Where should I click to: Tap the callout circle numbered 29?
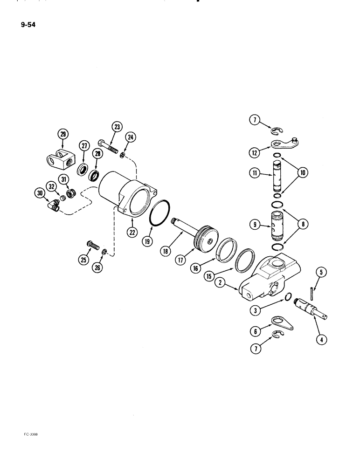point(63,135)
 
